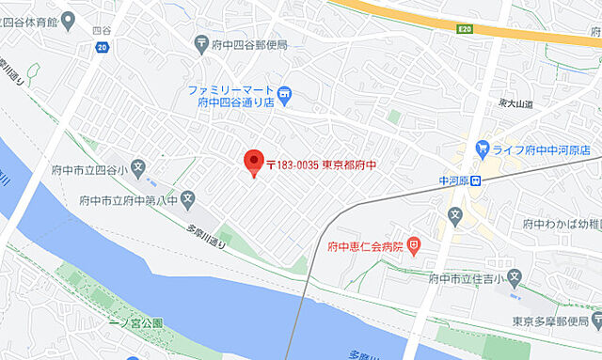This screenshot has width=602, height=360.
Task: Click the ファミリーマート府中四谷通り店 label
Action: coord(231,96)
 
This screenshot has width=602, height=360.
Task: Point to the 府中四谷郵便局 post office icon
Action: coord(202,41)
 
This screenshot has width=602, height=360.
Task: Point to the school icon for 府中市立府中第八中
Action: coord(188,198)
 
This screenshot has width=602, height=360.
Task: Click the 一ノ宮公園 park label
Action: coord(137,322)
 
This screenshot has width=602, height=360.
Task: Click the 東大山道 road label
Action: coord(515,103)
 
